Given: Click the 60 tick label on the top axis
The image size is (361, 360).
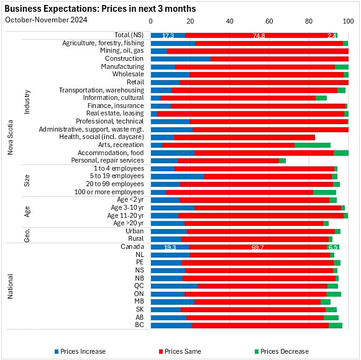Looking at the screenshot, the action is tap(269, 21).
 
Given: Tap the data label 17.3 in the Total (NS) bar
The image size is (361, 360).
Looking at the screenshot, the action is tap(168, 35).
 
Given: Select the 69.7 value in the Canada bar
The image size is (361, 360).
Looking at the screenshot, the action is tap(258, 247).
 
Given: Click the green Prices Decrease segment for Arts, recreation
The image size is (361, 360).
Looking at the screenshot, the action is tap(313, 145).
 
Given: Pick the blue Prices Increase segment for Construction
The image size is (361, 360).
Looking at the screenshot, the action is tap(181, 59).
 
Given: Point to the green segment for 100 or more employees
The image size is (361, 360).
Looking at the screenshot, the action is tap(324, 192).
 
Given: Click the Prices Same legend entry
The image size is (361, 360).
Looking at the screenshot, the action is tap(180, 351).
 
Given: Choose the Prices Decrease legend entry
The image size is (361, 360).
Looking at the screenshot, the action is tap(281, 351).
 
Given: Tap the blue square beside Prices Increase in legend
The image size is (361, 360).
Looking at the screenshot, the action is tap(57, 351).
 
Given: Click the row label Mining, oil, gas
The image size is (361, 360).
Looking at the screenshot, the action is tap(122, 51).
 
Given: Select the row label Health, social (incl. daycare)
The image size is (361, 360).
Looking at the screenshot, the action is tap(101, 137).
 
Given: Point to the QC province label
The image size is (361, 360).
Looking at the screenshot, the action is tap(139, 286).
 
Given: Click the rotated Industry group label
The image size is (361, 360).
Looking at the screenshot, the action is tap(27, 102).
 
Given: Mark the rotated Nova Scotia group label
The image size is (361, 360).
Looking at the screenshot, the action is tap(10, 137).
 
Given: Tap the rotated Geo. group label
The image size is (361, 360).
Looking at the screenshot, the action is tap(27, 235).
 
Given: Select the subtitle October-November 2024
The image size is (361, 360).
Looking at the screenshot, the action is tap(46, 20).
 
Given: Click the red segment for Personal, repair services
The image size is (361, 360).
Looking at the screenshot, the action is tap(229, 161).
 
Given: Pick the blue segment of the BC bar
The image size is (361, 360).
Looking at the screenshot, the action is tap(171, 325).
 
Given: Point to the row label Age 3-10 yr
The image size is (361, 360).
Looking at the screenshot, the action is tap(127, 208).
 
